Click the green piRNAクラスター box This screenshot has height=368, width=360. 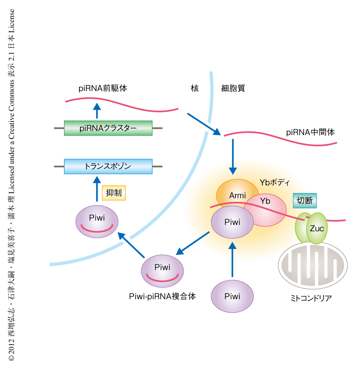[108, 128]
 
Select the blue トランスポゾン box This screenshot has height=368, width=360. [108, 166]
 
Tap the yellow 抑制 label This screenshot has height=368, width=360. [114, 193]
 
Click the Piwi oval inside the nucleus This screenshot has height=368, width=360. [97, 222]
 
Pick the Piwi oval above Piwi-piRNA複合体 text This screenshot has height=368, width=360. [162, 271]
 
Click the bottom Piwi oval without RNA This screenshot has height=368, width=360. [232, 296]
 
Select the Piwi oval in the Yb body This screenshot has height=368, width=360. [232, 222]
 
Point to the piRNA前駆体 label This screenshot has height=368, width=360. [102, 89]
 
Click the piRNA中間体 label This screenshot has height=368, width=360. [311, 132]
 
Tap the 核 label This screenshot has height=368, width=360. [195, 89]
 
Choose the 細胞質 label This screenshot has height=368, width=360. [233, 89]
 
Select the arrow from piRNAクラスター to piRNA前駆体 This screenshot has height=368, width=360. [97, 111]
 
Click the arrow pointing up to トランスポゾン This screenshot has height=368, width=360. [97, 188]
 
